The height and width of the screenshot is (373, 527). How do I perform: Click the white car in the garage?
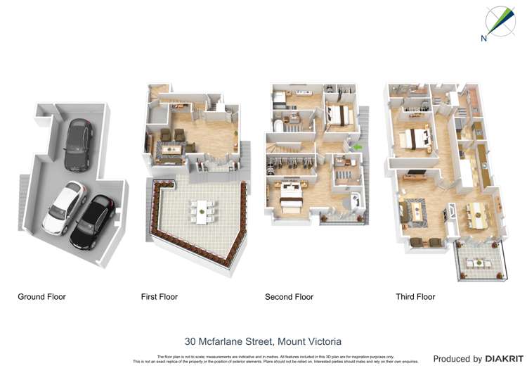[63, 208]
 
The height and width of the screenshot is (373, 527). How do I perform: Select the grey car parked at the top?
[77, 145]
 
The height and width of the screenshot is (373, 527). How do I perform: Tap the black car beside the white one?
[93, 222]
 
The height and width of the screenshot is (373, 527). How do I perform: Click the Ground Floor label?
[41, 297]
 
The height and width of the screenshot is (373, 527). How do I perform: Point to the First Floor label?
[160, 297]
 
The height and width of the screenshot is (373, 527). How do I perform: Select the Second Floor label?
[289, 297]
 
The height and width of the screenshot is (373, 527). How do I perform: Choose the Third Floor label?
[415, 297]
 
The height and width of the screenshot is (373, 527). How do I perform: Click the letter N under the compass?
[483, 39]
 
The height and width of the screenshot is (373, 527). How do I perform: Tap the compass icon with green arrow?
[500, 21]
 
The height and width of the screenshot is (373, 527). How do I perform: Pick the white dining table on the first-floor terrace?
[203, 210]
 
